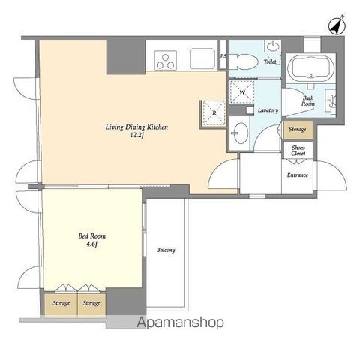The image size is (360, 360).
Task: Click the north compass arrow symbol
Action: click(x=337, y=25)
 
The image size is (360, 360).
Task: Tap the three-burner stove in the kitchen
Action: click(x=165, y=60)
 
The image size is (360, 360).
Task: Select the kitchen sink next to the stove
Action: click(x=202, y=58)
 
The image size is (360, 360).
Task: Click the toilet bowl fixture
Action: click(x=244, y=61)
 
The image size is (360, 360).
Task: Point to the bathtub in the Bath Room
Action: click(x=310, y=67)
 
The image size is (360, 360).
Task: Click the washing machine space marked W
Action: click(x=242, y=92)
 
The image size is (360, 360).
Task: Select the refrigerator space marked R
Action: click(x=214, y=112)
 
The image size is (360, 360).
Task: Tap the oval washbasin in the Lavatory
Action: click(x=240, y=133)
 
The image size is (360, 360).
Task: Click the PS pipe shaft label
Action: click(x=223, y=56)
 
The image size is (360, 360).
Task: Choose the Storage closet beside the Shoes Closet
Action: click(x=298, y=130)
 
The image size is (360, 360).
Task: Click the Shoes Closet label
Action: click(x=298, y=151)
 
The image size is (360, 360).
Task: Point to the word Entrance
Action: click(x=298, y=175)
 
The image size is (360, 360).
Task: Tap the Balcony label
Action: click(x=166, y=250)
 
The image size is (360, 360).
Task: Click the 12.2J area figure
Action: click(x=137, y=136)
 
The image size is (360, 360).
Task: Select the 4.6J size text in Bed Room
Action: click(x=91, y=244)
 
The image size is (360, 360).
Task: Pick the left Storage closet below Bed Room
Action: click(x=61, y=304)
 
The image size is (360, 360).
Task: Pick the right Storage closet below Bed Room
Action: click(x=91, y=304)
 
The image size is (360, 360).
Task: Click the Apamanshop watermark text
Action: click(x=180, y=322)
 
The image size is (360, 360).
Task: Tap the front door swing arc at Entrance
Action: click(x=337, y=170)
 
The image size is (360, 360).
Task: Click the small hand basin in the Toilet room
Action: click(x=273, y=46)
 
